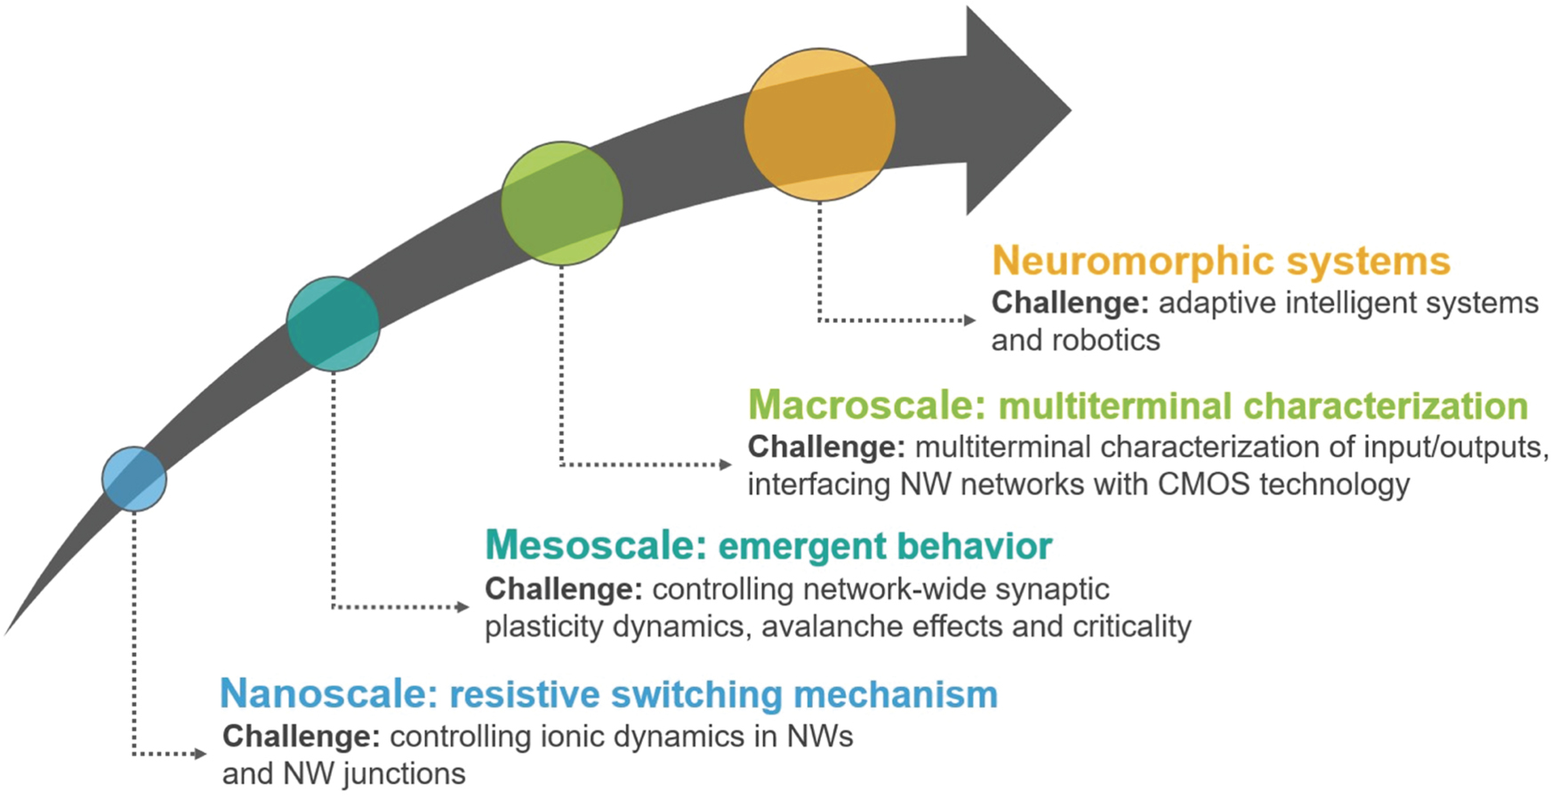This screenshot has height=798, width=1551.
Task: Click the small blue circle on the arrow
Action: (x=134, y=480)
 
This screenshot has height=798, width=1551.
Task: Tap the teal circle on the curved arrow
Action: (x=333, y=324)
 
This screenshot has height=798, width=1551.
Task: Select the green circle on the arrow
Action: (x=561, y=204)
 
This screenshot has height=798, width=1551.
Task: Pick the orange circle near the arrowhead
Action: (x=819, y=125)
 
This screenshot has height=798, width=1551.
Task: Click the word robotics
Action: (x=1105, y=341)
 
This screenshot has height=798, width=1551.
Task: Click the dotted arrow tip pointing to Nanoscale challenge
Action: (x=200, y=754)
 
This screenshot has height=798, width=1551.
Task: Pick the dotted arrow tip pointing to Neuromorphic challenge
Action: (x=970, y=320)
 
